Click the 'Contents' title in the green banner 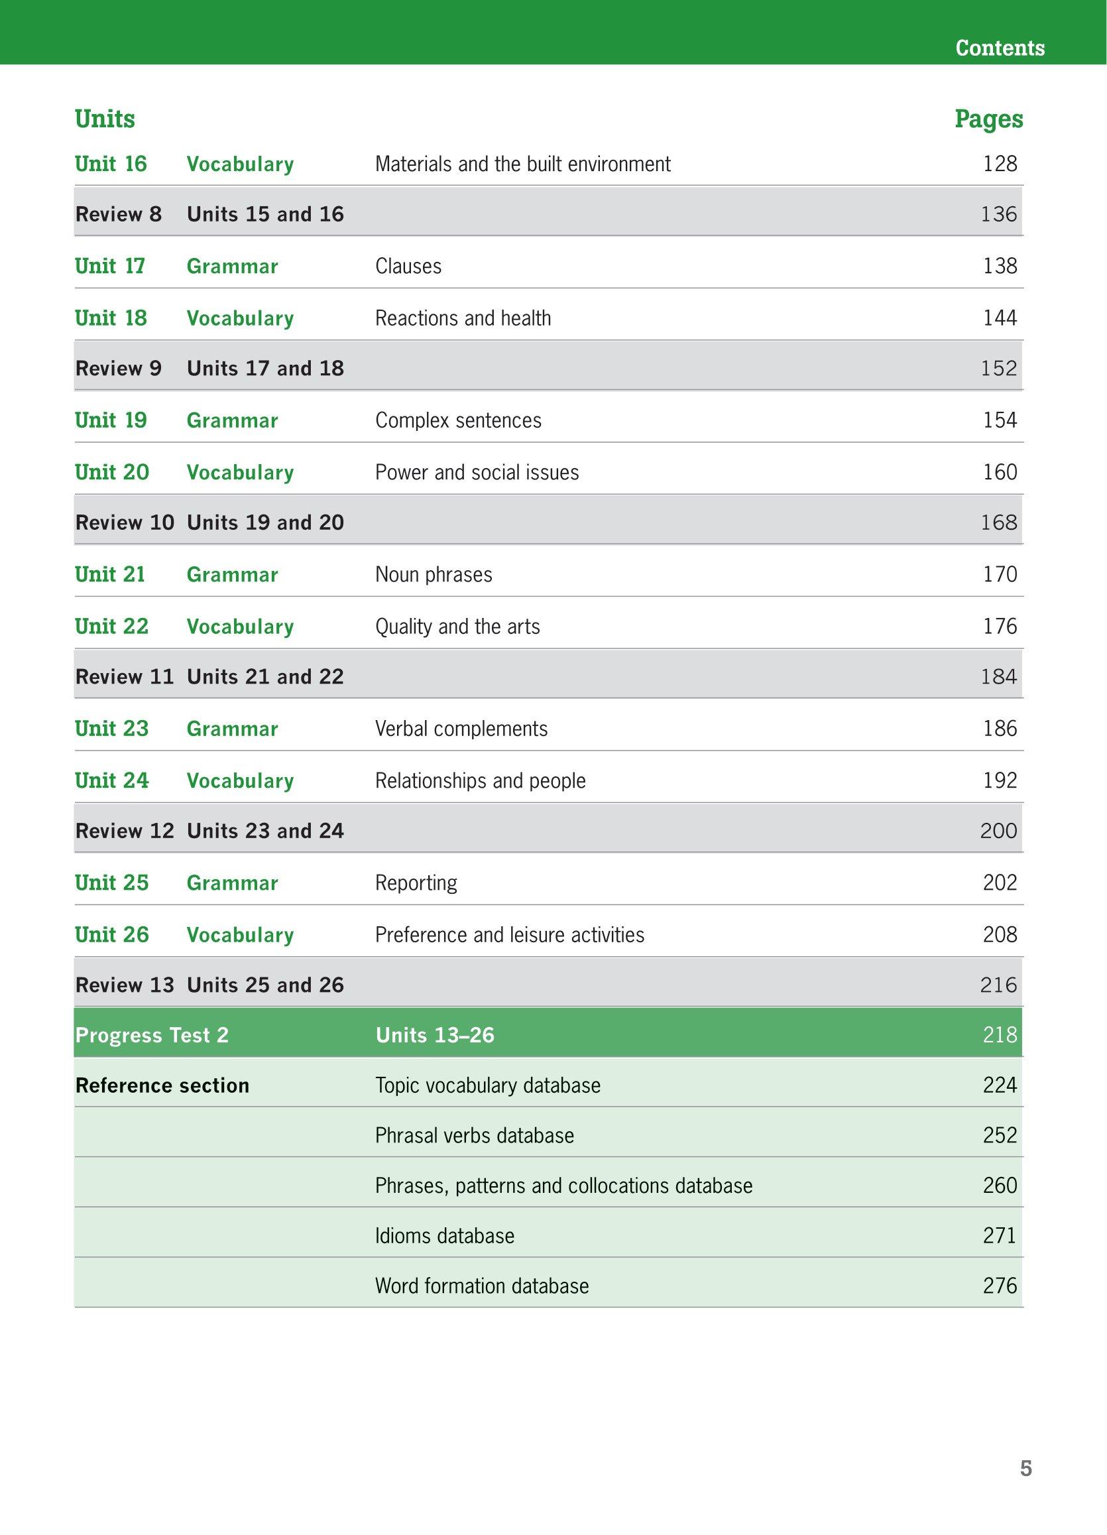pos(1000,48)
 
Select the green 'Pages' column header pos(988,119)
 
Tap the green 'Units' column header pos(105,119)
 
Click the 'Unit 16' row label pos(110,164)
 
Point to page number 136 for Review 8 pos(999,215)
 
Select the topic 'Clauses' pos(408,266)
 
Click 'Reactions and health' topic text pos(463,318)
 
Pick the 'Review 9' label pos(119,368)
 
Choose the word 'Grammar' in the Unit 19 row pos(232,420)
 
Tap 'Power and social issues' pos(477,472)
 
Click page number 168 pos(999,522)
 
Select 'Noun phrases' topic pos(434,575)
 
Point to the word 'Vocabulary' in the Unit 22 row pos(240,627)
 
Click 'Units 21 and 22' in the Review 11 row pos(265,677)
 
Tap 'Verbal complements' pos(461,729)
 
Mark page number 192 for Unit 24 pos(1000,780)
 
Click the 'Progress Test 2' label pos(152,1035)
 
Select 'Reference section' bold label pos(162,1085)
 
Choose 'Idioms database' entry pos(445,1236)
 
